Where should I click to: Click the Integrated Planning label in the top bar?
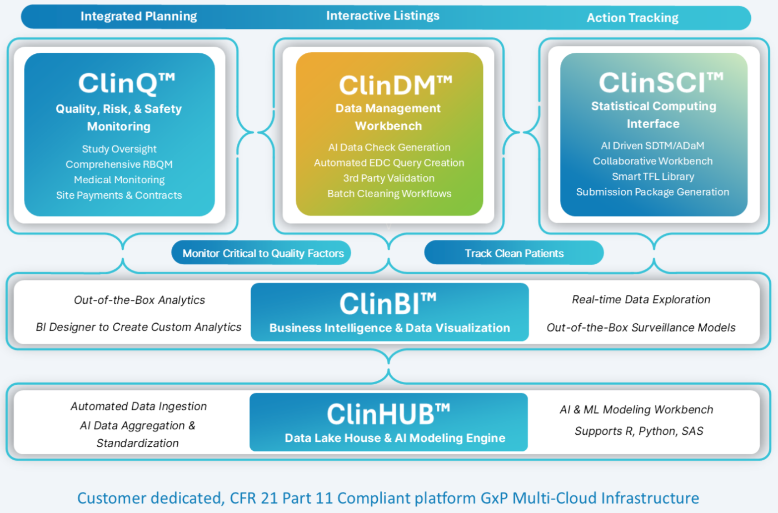tap(138, 16)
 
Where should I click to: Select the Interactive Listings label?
tap(383, 16)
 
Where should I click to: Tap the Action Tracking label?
tap(632, 18)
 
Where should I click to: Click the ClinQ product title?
tap(127, 83)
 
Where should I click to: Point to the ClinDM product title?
tap(396, 85)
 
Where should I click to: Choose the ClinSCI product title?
tap(661, 82)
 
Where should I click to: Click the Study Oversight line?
tap(119, 149)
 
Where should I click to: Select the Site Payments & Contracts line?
tap(119, 195)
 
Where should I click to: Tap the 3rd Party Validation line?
tap(388, 178)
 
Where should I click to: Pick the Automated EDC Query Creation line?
tap(389, 163)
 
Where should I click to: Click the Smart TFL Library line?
tap(653, 177)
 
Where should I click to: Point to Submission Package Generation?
tap(652, 192)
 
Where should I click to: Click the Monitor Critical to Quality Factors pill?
tap(261, 253)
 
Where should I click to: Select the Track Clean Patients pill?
tap(514, 253)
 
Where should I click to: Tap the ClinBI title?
tap(388, 303)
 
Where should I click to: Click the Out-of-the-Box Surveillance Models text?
tap(641, 328)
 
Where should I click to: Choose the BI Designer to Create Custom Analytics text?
tap(138, 327)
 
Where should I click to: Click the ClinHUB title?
tap(388, 414)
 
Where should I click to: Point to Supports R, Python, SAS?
tap(639, 431)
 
